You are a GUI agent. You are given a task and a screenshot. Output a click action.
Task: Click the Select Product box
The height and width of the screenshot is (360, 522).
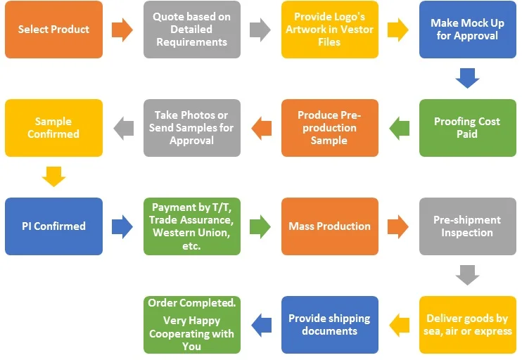click(x=53, y=30)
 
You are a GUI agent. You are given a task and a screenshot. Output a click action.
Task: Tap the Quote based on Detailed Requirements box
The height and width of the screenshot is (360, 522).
click(x=191, y=30)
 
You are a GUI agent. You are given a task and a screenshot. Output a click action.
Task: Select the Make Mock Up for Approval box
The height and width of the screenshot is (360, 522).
click(x=467, y=30)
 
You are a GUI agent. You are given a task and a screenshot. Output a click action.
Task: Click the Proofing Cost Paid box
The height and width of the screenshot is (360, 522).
click(x=467, y=127)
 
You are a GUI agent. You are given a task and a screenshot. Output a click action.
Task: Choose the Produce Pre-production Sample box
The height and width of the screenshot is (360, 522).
click(x=329, y=127)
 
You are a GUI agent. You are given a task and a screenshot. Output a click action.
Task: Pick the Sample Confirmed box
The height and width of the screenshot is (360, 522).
click(x=53, y=127)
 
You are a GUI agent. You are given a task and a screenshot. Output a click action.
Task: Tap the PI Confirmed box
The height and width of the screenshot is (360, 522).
click(x=53, y=226)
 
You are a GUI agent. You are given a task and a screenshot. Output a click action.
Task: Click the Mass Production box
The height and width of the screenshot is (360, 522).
click(x=329, y=226)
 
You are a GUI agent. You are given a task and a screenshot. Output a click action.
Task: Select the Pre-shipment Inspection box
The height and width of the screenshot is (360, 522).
click(x=467, y=226)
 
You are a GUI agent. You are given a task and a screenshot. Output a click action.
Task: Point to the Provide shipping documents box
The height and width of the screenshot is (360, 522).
click(x=329, y=324)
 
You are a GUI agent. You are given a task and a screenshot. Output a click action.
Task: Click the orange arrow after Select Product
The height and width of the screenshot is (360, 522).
click(x=122, y=30)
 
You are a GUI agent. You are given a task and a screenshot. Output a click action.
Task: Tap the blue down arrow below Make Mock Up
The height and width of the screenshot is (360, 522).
click(x=467, y=77)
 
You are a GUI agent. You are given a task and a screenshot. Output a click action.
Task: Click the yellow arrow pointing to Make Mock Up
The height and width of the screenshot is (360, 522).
click(x=398, y=30)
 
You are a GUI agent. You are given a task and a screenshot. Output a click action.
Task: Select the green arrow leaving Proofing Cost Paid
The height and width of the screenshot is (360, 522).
click(x=399, y=128)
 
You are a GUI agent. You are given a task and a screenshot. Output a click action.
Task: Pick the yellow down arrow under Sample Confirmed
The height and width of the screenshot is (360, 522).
click(x=53, y=176)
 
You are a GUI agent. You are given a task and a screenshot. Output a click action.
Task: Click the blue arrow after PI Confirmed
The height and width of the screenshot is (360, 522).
click(x=122, y=226)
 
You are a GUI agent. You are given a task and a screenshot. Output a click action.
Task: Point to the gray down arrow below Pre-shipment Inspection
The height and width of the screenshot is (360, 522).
click(x=467, y=274)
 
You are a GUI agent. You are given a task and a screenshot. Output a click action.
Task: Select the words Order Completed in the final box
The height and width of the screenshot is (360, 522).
click(x=191, y=303)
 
